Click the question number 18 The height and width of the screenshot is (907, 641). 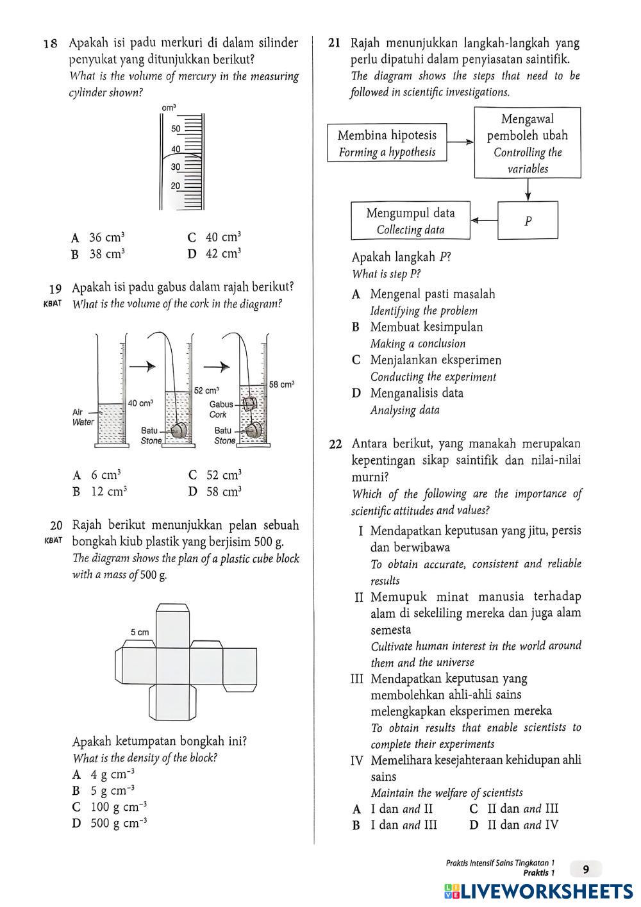click(51, 44)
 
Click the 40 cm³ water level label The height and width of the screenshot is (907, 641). click(140, 403)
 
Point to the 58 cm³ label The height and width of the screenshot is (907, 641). click(281, 384)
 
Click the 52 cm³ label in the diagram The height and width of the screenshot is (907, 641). click(206, 390)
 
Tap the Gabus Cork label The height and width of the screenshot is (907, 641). click(221, 410)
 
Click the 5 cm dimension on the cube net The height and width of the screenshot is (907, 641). click(140, 633)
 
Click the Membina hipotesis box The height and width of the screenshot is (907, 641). click(387, 143)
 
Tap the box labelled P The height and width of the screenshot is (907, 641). click(528, 221)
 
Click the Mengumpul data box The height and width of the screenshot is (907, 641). click(410, 221)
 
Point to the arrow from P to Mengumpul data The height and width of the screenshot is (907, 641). click(485, 221)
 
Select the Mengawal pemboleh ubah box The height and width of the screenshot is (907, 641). click(527, 143)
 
